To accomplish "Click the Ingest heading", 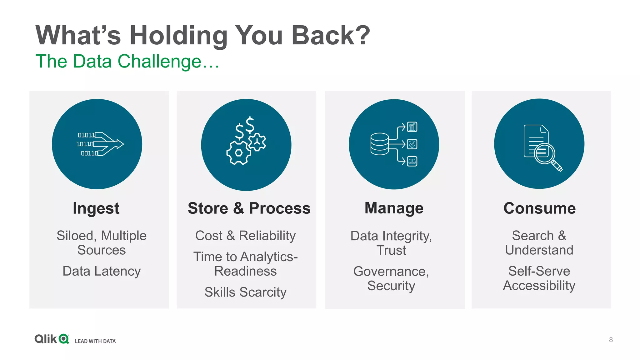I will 96,208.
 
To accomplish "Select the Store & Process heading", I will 249,208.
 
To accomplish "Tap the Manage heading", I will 394,208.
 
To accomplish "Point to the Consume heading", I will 539,208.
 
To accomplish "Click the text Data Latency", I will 102,271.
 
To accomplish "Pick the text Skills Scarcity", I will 245,292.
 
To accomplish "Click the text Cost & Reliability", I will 245,236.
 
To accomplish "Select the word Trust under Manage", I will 391,250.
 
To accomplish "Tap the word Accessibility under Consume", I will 539,285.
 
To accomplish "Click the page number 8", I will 611,340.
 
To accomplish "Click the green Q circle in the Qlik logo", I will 64,339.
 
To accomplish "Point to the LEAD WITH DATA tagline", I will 95,341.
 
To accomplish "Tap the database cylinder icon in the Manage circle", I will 379,144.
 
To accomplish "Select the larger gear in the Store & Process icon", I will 239,153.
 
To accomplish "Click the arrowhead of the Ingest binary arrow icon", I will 120,144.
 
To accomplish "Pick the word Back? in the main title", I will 331,35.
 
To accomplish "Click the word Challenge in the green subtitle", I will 159,61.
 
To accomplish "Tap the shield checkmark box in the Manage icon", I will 412,144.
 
